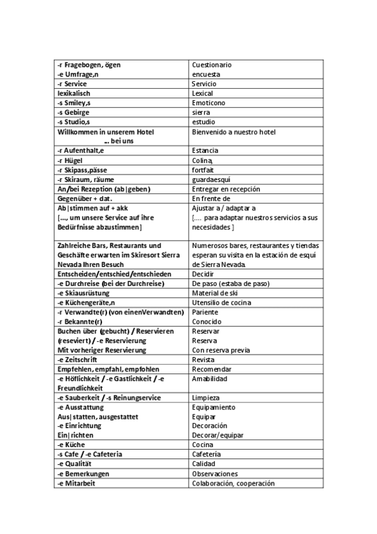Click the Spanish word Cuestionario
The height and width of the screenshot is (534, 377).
(x=211, y=65)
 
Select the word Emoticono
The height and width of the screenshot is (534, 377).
(x=208, y=103)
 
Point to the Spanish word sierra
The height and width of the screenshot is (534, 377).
(x=201, y=112)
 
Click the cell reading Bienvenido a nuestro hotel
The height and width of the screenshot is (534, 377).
(x=234, y=132)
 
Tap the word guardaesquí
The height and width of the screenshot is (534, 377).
(x=210, y=179)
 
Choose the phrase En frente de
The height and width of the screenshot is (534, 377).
(x=211, y=198)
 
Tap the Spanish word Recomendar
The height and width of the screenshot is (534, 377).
(x=211, y=368)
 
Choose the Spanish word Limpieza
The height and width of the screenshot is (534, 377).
(x=206, y=397)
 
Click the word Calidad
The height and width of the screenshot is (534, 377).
(x=203, y=463)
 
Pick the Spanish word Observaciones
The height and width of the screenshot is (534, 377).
(x=215, y=473)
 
